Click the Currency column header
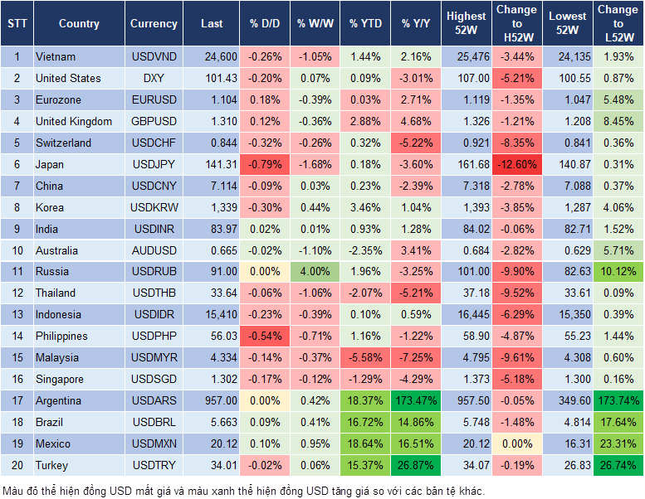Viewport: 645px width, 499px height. tap(154, 24)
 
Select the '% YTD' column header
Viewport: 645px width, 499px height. tap(365, 24)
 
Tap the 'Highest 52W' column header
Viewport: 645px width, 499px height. tap(466, 24)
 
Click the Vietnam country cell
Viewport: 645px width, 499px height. tap(56, 56)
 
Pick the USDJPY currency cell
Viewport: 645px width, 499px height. tap(154, 164)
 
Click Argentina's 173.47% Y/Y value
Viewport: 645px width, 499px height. tap(417, 400)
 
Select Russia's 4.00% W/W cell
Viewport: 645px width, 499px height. tap(315, 271)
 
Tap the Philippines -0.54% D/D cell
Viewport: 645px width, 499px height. tap(265, 336)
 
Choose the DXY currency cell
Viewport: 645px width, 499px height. tap(154, 78)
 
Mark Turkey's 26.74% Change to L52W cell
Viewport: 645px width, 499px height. tap(618, 465)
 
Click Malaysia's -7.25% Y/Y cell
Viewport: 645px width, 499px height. tap(417, 357)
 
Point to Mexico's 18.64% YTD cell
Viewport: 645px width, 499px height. tap(365, 443)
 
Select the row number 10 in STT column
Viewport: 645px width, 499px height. tap(16, 250)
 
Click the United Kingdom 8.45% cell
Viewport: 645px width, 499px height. tap(618, 121)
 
